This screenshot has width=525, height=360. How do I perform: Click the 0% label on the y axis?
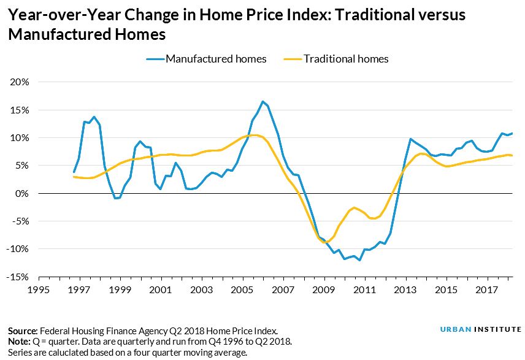pos(23,194)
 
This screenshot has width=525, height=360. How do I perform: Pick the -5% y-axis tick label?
pos(21,221)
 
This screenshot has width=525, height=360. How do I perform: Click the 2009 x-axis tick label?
pos(324,289)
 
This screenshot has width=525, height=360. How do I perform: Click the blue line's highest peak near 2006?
pos(262,102)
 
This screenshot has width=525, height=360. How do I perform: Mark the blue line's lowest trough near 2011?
pos(359,260)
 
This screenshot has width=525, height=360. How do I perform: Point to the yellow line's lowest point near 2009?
pos(325,242)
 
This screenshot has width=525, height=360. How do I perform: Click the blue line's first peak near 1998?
pos(94,117)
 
